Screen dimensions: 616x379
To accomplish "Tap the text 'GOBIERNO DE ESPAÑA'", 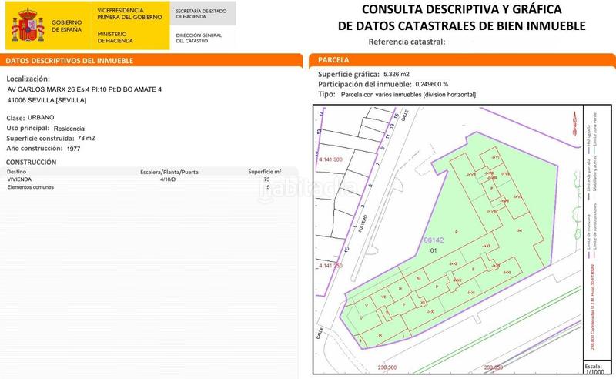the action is pos(68,25).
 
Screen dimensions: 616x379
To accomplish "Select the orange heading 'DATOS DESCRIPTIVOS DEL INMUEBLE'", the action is pos(70,60).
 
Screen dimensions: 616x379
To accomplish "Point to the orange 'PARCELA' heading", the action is pos(333,60).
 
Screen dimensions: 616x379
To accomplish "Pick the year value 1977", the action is pos(74,148).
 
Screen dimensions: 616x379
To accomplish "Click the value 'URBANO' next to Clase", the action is pos(48,118).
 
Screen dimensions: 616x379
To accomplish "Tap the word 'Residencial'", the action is pos(69,128).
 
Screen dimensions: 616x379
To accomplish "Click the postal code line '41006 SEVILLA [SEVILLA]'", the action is pos(46,100).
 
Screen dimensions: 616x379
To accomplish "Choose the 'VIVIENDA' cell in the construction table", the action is pos(19,179).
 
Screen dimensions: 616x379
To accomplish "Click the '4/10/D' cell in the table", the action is pos(167,179).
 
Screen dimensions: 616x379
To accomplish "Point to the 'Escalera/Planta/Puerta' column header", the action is pos(169,171).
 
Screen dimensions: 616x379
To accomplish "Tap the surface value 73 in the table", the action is pos(267,179).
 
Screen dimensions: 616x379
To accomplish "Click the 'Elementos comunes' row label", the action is pos(30,187).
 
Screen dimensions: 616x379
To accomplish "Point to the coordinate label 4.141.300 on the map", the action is pos(330,159).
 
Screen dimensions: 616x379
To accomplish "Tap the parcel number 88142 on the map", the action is pos(434,240).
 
